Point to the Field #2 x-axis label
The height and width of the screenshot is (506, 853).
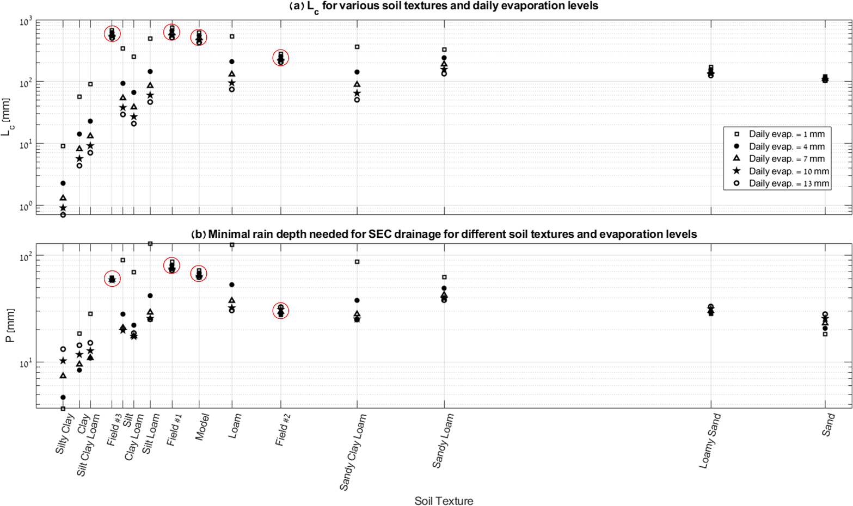pyautogui.click(x=282, y=429)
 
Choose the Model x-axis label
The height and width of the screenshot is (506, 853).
pyautogui.click(x=201, y=427)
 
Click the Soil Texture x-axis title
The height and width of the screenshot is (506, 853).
pyautogui.click(x=444, y=501)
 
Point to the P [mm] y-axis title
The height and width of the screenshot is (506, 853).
pyautogui.click(x=10, y=326)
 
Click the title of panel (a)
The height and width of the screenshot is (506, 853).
pyautogui.click(x=444, y=7)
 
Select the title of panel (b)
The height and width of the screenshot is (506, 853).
pyautogui.click(x=444, y=235)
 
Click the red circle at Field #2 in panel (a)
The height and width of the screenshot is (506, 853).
pyautogui.click(x=281, y=58)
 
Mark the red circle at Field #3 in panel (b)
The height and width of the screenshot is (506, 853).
pyautogui.click(x=112, y=279)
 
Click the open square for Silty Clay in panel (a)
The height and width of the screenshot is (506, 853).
pyautogui.click(x=63, y=146)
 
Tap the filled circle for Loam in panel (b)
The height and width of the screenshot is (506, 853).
pyautogui.click(x=232, y=285)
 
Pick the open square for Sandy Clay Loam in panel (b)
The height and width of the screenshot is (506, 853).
pyautogui.click(x=357, y=262)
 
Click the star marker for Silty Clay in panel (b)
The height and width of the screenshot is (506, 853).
pyautogui.click(x=63, y=361)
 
